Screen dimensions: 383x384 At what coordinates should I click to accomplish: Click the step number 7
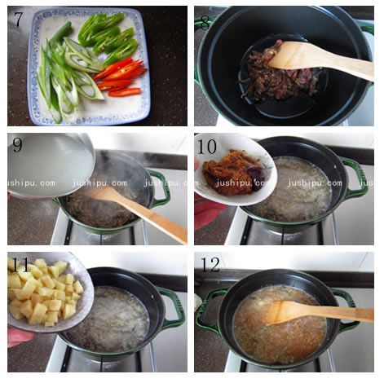click(x=18, y=20)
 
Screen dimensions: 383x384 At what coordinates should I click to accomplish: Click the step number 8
click(x=205, y=21)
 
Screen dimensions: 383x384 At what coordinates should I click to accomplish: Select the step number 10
click(x=207, y=146)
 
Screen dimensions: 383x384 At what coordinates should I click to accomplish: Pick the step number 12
click(x=209, y=266)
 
